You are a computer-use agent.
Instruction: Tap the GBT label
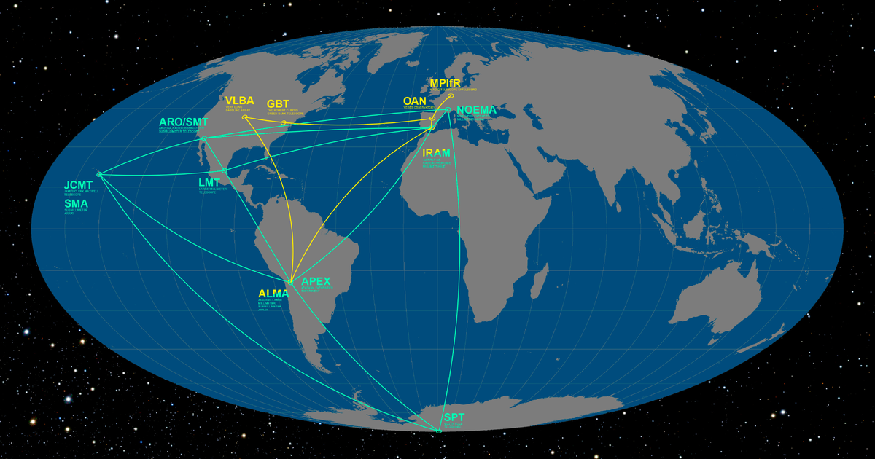tap(279, 104)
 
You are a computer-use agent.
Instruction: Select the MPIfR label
tap(444, 83)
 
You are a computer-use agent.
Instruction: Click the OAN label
tap(414, 101)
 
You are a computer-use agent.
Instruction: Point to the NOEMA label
tap(476, 111)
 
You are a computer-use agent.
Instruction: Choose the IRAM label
tap(436, 153)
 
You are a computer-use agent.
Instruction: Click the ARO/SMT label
tap(183, 122)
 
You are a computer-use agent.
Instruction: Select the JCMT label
tap(78, 185)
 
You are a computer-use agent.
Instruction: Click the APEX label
tap(316, 281)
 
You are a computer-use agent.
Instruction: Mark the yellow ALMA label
tap(273, 294)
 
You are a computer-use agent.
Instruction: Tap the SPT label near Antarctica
tap(454, 417)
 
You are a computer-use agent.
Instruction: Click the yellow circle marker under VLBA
tap(245, 117)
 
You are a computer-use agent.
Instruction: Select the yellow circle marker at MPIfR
tap(451, 96)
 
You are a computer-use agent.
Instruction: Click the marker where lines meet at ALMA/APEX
tap(290, 282)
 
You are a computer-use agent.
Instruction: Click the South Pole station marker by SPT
tap(438, 431)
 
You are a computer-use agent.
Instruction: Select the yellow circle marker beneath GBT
tap(283, 122)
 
